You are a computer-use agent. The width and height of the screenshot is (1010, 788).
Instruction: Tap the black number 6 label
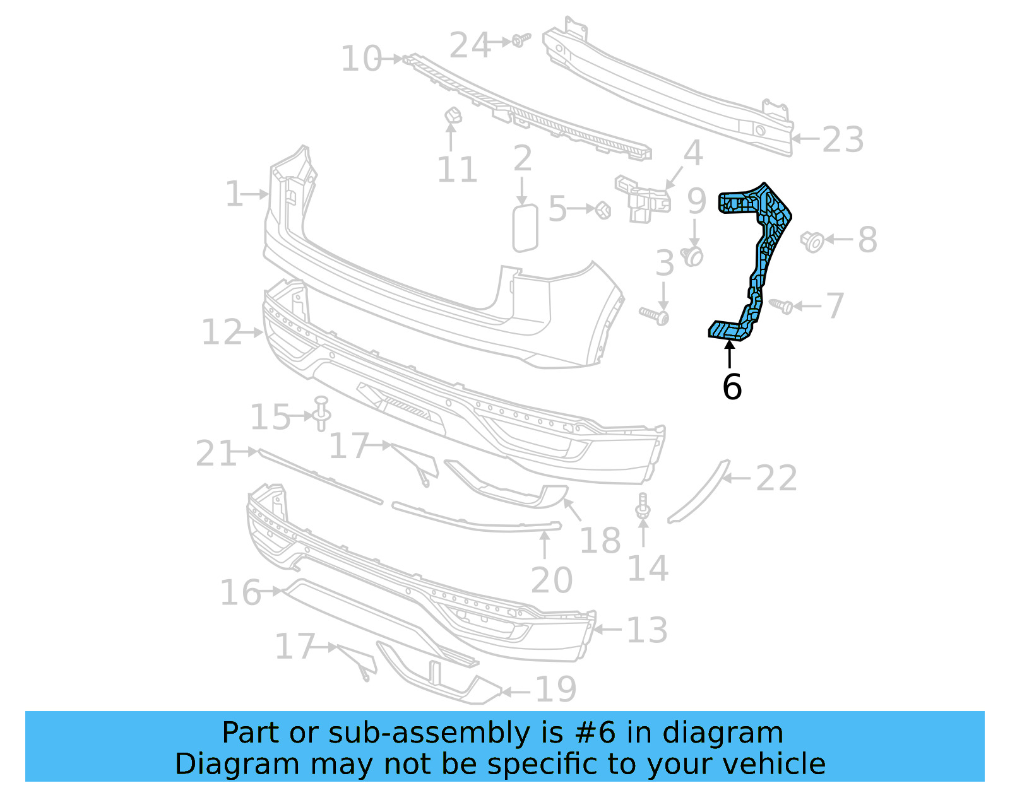tap(732, 387)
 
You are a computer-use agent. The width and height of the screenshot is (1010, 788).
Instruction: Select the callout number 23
tap(843, 139)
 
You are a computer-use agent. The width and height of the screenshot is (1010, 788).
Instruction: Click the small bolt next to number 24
tap(520, 40)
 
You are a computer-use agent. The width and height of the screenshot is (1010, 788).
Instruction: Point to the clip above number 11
tap(453, 115)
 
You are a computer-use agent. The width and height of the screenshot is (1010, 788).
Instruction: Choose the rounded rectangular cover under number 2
tap(525, 228)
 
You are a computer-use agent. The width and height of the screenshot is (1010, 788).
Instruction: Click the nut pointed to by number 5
tap(603, 209)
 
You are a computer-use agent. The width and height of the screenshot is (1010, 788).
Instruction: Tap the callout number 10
tap(361, 59)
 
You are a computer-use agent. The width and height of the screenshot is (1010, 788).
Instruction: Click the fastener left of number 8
tap(812, 240)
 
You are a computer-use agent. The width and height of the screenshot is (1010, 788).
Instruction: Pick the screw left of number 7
tap(783, 306)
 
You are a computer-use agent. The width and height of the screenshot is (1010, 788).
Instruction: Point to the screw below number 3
tap(656, 315)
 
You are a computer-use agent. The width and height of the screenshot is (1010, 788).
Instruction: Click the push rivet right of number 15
tap(321, 413)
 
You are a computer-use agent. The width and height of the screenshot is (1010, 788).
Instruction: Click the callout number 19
tap(555, 690)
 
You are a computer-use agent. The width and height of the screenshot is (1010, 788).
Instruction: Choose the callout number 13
tap(647, 630)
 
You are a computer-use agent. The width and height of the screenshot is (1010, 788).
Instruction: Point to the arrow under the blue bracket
tap(730, 353)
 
